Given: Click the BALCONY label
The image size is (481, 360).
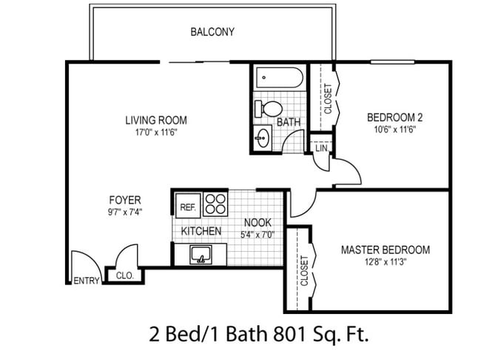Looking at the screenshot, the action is [212, 32].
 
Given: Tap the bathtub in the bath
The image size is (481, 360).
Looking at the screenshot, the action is [280, 77].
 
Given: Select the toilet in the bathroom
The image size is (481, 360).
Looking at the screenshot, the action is [269, 108].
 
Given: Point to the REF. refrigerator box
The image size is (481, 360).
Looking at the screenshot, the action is [188, 206].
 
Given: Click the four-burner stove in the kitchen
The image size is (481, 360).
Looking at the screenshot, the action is [215, 204].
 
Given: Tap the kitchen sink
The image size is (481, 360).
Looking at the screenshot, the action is [201, 254].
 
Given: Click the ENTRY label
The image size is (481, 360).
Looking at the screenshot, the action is [87, 281].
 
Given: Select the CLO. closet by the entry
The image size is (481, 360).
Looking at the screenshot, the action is [125, 276].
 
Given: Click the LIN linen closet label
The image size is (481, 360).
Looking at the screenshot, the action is [321, 148].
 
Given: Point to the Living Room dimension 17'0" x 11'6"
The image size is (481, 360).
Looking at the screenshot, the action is [156, 133].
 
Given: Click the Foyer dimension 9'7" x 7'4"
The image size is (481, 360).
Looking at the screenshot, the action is [125, 212].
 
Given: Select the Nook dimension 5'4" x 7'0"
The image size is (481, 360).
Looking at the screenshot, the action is [258, 235].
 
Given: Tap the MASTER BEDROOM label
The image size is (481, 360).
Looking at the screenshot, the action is [386, 250].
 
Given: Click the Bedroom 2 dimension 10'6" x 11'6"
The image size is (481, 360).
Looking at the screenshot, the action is [395, 130].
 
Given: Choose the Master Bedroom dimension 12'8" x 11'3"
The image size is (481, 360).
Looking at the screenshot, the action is [386, 262].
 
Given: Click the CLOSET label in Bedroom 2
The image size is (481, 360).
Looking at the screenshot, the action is [328, 99].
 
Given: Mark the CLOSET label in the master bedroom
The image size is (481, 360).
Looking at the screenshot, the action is [304, 271].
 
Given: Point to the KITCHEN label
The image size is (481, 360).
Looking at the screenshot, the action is [201, 231].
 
